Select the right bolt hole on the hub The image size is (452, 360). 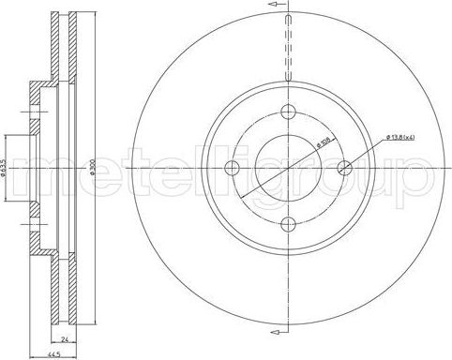pos(344,169)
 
